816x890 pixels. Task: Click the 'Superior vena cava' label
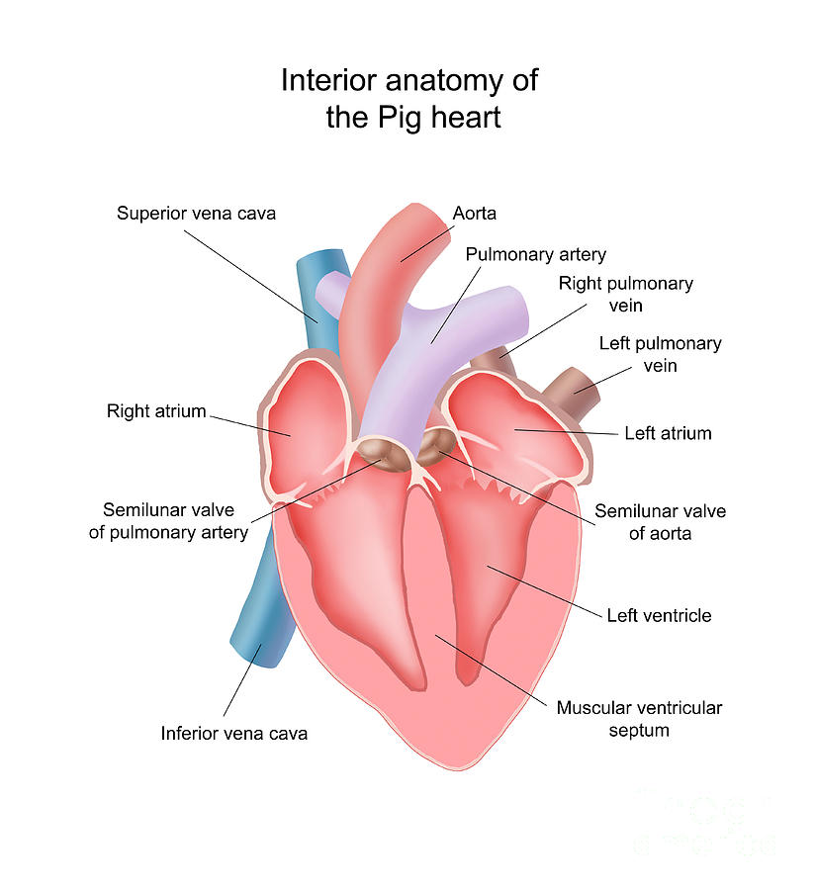click(196, 213)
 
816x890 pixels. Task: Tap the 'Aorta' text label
click(474, 213)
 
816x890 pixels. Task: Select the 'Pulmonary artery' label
click(535, 255)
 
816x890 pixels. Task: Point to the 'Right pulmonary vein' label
click(625, 294)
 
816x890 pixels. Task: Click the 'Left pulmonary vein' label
click(660, 354)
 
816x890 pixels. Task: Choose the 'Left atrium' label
click(668, 433)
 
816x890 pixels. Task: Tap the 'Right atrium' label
click(156, 410)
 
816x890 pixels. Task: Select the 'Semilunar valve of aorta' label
click(660, 522)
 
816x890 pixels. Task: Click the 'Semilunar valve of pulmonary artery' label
click(175, 521)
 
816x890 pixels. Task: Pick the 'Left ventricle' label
click(659, 615)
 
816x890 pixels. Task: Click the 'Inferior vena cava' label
click(234, 733)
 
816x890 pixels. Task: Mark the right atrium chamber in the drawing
click(302, 415)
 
